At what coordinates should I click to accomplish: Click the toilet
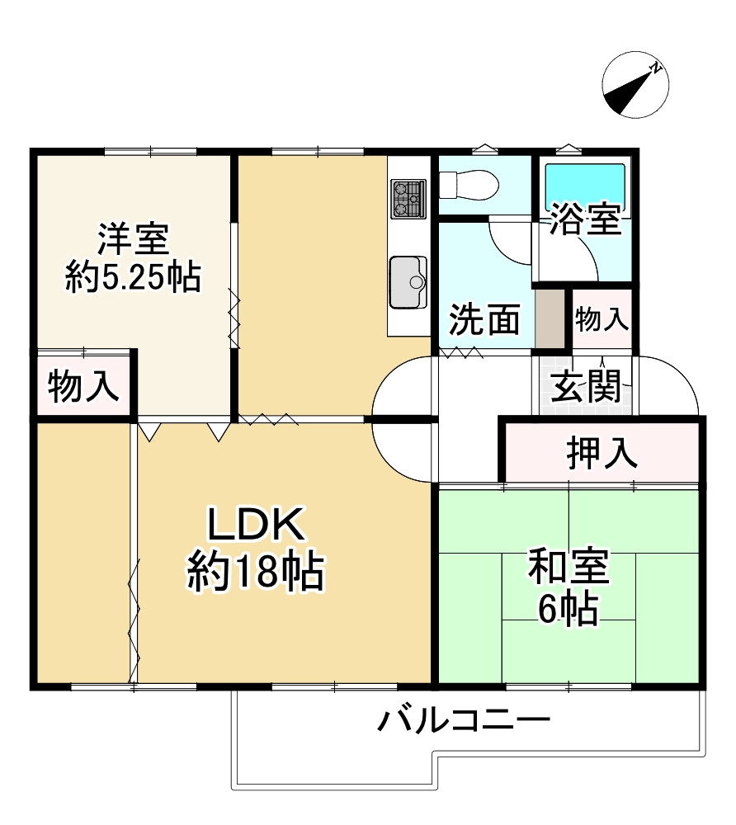pos(466,183)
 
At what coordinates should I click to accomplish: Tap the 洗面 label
pos(484,319)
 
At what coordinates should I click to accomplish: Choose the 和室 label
pos(569,568)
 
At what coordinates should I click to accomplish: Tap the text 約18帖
pos(256,571)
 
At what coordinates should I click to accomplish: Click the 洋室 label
pos(133,239)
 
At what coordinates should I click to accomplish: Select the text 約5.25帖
pos(133,278)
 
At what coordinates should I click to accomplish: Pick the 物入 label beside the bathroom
pos(602,319)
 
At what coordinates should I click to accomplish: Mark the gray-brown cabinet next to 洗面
pos(549,318)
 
